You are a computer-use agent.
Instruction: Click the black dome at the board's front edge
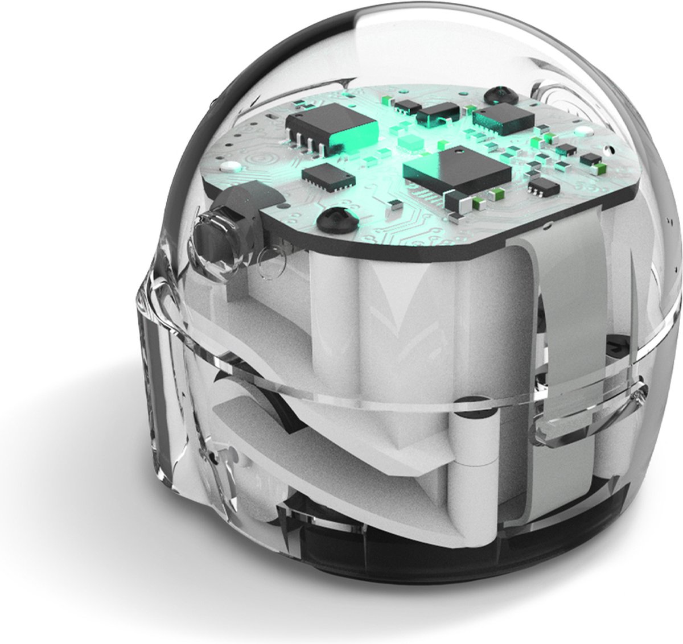(332, 218)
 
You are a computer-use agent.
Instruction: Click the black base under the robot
(398, 592)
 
